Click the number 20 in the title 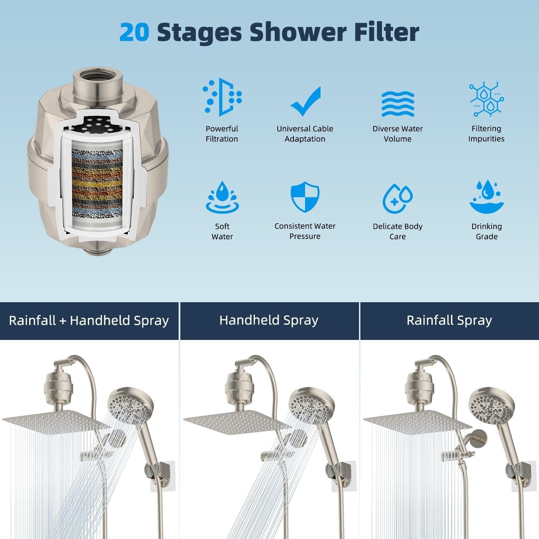[x=134, y=32]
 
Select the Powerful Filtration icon [x=222, y=97]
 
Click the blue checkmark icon [x=305, y=101]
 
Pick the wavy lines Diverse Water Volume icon [x=397, y=104]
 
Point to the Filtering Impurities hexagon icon [x=487, y=99]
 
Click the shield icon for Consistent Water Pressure [x=305, y=197]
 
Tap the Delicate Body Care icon [x=397, y=198]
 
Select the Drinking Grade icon [x=487, y=197]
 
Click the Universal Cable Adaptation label [x=305, y=134]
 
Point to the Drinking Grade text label [x=487, y=231]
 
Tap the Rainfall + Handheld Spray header [x=89, y=321]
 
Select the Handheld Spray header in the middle [x=269, y=321]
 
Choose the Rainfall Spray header [x=449, y=321]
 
